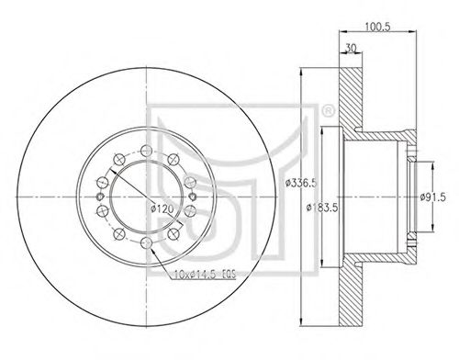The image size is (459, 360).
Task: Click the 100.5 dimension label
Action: coord(378,27)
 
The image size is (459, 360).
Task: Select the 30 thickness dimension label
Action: coord(351,48)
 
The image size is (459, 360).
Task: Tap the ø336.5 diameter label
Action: coord(300,184)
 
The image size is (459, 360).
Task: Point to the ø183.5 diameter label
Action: coord(322,208)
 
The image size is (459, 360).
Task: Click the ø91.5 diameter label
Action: coord(432,197)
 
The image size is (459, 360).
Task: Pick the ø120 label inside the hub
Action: coord(162,208)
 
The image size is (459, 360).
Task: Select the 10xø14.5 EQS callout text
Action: coord(205,274)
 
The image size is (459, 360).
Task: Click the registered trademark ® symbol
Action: coord(328,111)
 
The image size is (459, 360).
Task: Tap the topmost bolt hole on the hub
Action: coord(146,150)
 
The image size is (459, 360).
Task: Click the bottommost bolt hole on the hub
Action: coord(146,243)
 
